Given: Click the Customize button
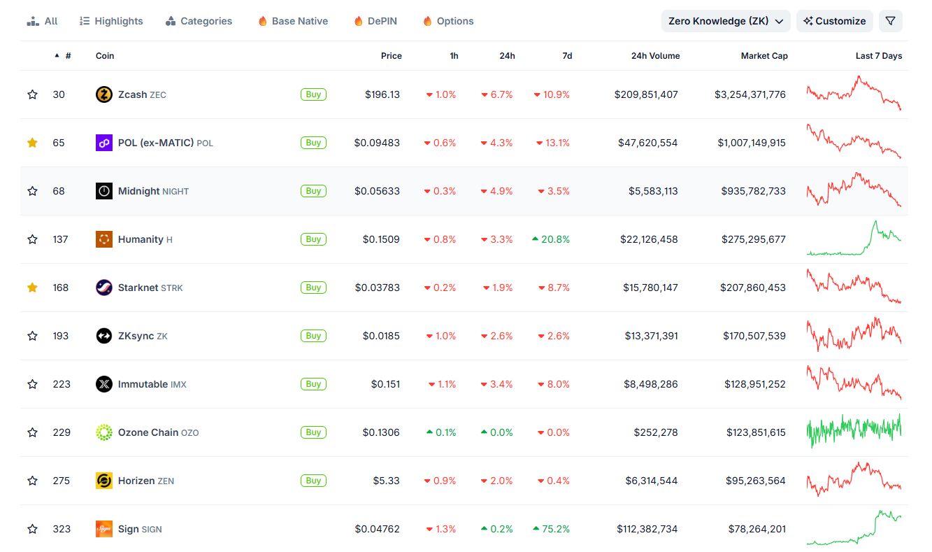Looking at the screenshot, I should [834, 21].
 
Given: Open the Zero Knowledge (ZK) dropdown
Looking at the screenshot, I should [725, 21].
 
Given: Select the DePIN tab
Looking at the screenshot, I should [375, 21].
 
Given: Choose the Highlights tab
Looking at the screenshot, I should [111, 21].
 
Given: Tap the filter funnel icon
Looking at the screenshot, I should [890, 21].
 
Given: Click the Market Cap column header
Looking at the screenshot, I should [764, 56].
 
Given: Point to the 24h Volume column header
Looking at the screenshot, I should [655, 56].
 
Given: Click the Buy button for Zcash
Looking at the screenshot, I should [313, 94].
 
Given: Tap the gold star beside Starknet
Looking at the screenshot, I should [32, 288].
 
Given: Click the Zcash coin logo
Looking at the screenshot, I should [104, 94].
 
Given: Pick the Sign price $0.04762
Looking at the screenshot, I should [377, 529].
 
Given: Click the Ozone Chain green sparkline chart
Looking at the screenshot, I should [854, 431].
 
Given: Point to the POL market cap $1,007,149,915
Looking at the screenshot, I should [751, 143].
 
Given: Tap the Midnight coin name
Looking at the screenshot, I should [138, 191].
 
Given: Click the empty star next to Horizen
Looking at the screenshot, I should [32, 481].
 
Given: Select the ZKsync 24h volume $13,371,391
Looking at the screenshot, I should [651, 336].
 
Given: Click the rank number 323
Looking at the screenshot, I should [62, 529].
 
